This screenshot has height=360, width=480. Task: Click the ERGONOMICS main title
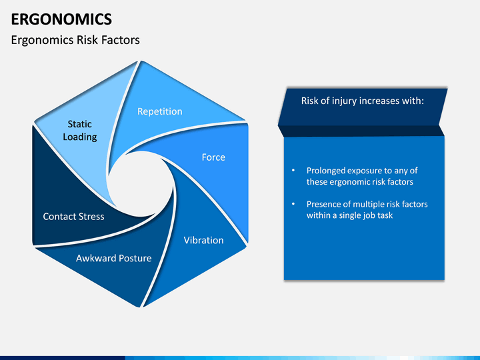pyautogui.click(x=61, y=19)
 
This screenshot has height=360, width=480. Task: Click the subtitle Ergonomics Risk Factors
pyautogui.click(x=75, y=40)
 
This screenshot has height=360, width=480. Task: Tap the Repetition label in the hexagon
pyautogui.click(x=160, y=111)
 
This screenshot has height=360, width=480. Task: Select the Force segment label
pyautogui.click(x=213, y=157)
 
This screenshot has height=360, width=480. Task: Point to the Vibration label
pyautogui.click(x=203, y=240)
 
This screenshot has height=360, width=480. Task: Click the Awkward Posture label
pyautogui.click(x=114, y=259)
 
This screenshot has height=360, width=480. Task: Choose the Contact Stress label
pyautogui.click(x=73, y=217)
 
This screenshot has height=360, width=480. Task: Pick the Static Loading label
pyautogui.click(x=80, y=131)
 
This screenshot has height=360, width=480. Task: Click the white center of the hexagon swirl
pyautogui.click(x=140, y=184)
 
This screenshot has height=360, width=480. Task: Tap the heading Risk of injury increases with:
pyautogui.click(x=363, y=101)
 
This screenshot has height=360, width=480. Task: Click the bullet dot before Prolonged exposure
pyautogui.click(x=293, y=170)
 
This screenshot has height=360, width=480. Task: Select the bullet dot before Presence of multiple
pyautogui.click(x=293, y=204)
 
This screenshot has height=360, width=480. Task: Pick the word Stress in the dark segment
pyautogui.click(x=91, y=217)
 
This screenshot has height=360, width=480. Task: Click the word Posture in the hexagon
pyautogui.click(x=135, y=259)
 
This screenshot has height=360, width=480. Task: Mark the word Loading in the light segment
pyautogui.click(x=80, y=137)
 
